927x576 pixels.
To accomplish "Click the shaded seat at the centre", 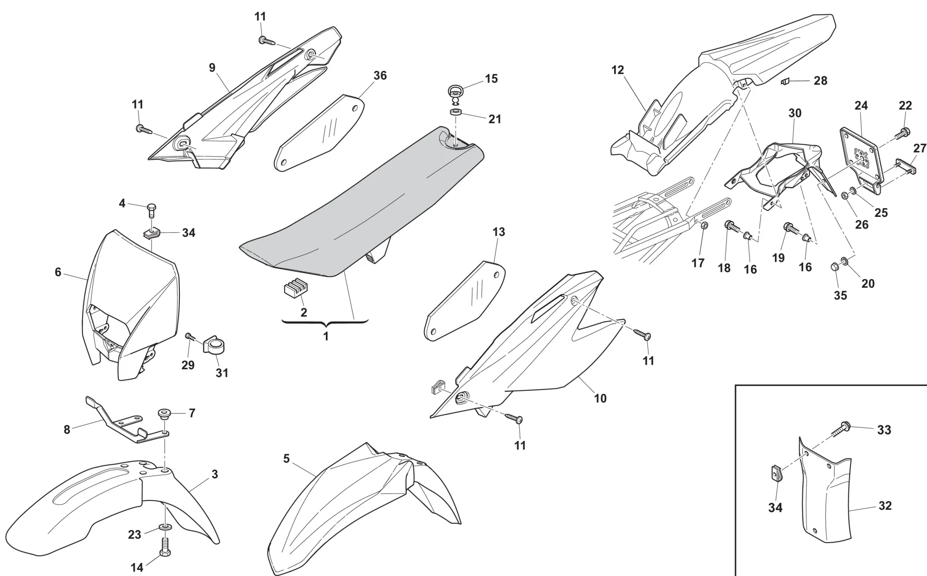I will tap(362, 204).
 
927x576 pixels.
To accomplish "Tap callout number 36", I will tap(380, 76).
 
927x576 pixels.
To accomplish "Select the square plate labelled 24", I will tap(860, 153).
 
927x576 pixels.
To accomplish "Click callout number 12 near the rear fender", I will tap(617, 70).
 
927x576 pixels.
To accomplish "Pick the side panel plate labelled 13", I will tap(463, 301).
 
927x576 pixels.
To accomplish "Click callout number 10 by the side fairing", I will tap(600, 398).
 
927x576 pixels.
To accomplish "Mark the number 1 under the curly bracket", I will tap(326, 336).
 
